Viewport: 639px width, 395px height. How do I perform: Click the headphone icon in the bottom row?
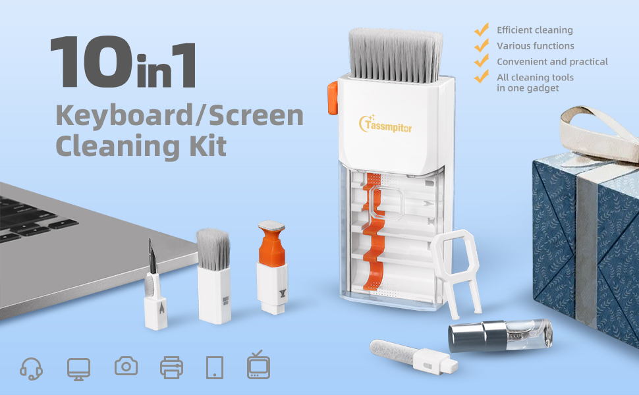(x=31, y=367)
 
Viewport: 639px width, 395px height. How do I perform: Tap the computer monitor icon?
(x=78, y=367)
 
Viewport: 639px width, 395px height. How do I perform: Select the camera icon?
(x=126, y=366)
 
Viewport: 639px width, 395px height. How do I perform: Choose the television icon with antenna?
(x=258, y=365)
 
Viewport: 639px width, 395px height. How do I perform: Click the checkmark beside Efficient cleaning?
(x=482, y=30)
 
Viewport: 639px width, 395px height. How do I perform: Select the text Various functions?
(x=535, y=46)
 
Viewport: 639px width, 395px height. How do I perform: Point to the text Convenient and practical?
(x=552, y=62)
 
